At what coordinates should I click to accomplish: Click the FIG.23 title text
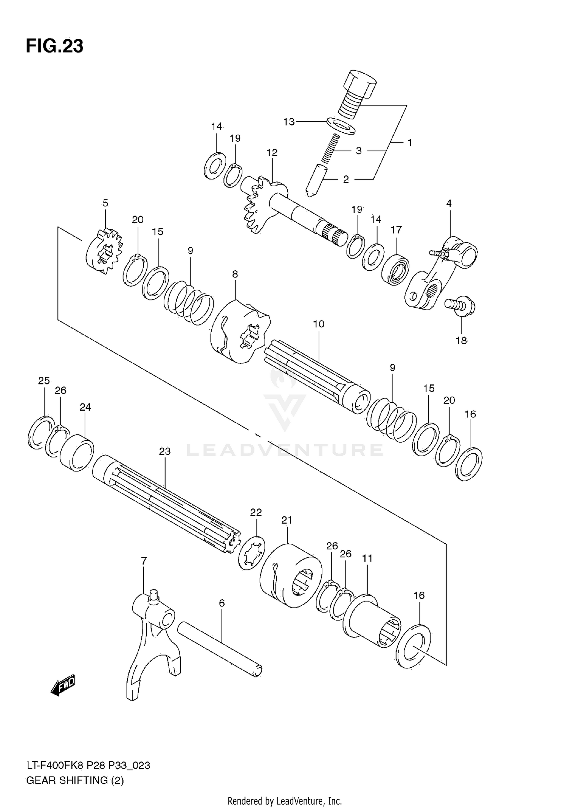[x=54, y=46]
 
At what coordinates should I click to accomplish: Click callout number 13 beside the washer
[x=289, y=122]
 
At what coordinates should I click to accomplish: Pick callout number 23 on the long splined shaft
[x=165, y=451]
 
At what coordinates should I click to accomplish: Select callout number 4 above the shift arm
[x=449, y=203]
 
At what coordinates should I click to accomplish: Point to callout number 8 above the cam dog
[x=235, y=274]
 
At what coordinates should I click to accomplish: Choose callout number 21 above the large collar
[x=287, y=520]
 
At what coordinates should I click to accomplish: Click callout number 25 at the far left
[x=44, y=381]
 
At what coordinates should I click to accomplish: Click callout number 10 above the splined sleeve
[x=318, y=324]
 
